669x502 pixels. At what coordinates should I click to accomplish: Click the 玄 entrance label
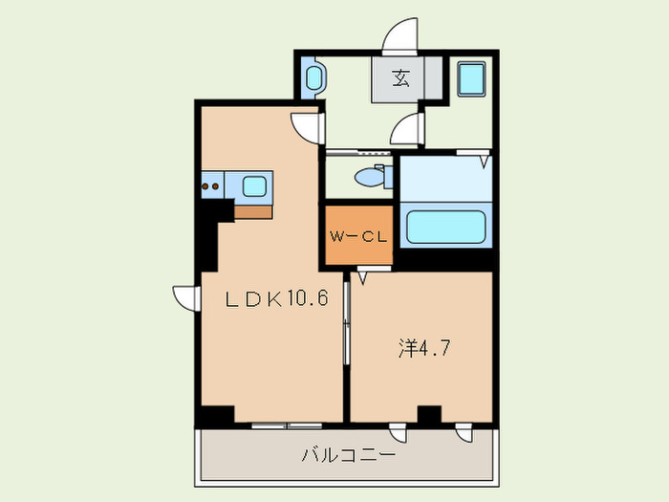point(400,79)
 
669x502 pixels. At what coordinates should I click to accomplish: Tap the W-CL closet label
point(358,236)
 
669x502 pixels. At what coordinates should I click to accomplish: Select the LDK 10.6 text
point(277,299)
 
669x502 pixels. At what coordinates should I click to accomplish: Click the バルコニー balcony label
point(348,456)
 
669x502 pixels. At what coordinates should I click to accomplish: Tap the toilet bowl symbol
point(369,177)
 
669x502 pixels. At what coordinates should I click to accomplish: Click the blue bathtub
point(446,229)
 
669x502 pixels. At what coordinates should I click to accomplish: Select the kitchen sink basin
point(256,186)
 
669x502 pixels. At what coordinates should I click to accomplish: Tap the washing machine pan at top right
point(473,78)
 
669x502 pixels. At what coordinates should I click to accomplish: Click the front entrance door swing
point(400,35)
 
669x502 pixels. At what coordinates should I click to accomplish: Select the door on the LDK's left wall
point(184,297)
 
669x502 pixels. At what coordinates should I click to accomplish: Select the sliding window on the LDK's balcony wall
point(286,424)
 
